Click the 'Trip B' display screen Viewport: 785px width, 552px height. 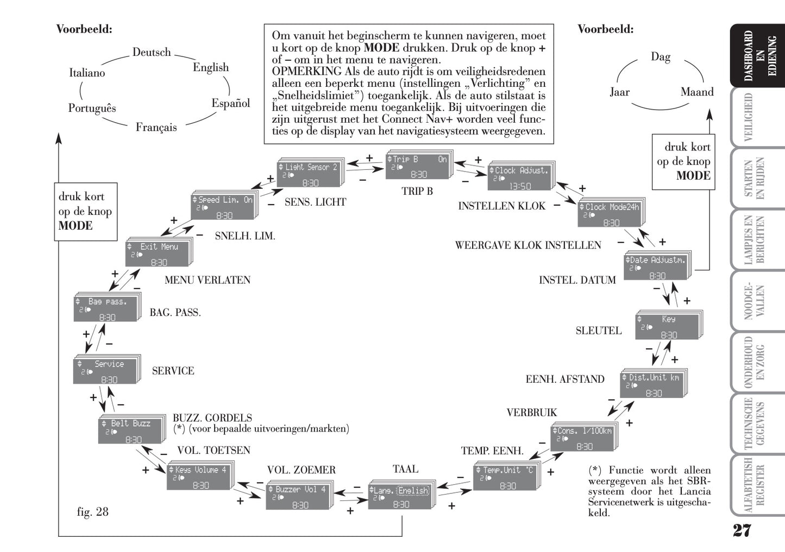coord(418,166)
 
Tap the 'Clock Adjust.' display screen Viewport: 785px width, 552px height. coord(520,177)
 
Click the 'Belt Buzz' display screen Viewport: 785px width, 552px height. coord(131,431)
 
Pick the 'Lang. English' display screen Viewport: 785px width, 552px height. coord(401,497)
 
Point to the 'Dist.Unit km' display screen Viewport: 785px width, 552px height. coord(652,385)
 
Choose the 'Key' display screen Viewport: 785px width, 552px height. coord(668,327)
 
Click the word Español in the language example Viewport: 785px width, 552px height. coord(230,103)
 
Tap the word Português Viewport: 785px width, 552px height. coord(92,108)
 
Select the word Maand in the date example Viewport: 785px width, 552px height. coord(697,92)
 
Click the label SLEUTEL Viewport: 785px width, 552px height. coord(599,331)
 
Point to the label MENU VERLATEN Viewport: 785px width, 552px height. coord(208,280)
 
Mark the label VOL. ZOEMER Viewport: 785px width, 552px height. coord(301,470)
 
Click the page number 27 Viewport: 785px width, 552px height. coord(742,530)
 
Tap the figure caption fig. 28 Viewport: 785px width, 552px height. coord(93,512)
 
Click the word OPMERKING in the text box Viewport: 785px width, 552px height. coord(306,72)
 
